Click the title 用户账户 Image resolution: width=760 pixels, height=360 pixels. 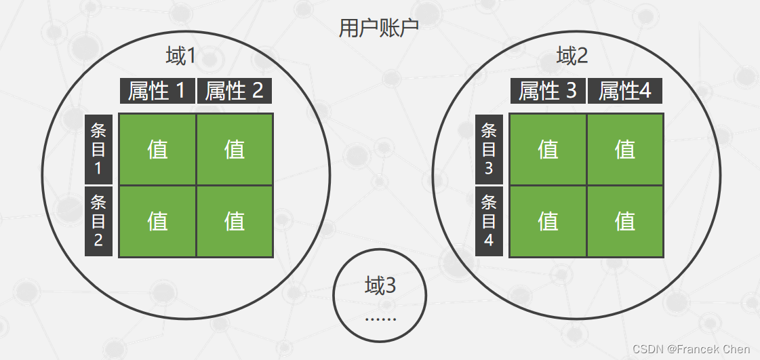[379, 28]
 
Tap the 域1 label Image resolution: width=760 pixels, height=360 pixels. [180, 56]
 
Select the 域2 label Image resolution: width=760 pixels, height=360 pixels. [572, 56]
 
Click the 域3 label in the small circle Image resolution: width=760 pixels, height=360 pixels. [380, 286]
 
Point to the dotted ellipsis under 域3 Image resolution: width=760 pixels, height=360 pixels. [380, 318]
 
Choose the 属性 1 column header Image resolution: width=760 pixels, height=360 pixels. [157, 91]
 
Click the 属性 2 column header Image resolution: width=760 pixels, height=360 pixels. [235, 91]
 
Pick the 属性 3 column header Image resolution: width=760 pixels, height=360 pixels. [548, 91]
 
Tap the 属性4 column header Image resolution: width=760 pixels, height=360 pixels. [624, 91]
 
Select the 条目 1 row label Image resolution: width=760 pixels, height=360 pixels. [98, 149]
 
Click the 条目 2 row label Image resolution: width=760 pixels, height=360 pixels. [98, 221]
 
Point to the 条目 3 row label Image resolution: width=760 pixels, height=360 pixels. [489, 149]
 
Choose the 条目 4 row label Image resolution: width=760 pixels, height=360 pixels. [489, 221]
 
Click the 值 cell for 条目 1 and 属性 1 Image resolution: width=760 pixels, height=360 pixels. [157, 149]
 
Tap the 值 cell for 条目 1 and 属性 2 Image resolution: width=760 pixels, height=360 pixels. [235, 149]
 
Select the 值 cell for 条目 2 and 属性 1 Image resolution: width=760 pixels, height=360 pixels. [157, 221]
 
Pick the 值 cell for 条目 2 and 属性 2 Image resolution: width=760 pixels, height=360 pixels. [235, 221]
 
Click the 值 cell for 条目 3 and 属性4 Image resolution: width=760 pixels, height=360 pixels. [625, 149]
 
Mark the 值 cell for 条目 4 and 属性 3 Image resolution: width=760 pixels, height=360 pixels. [548, 221]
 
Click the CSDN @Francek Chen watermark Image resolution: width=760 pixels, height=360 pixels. [691, 349]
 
